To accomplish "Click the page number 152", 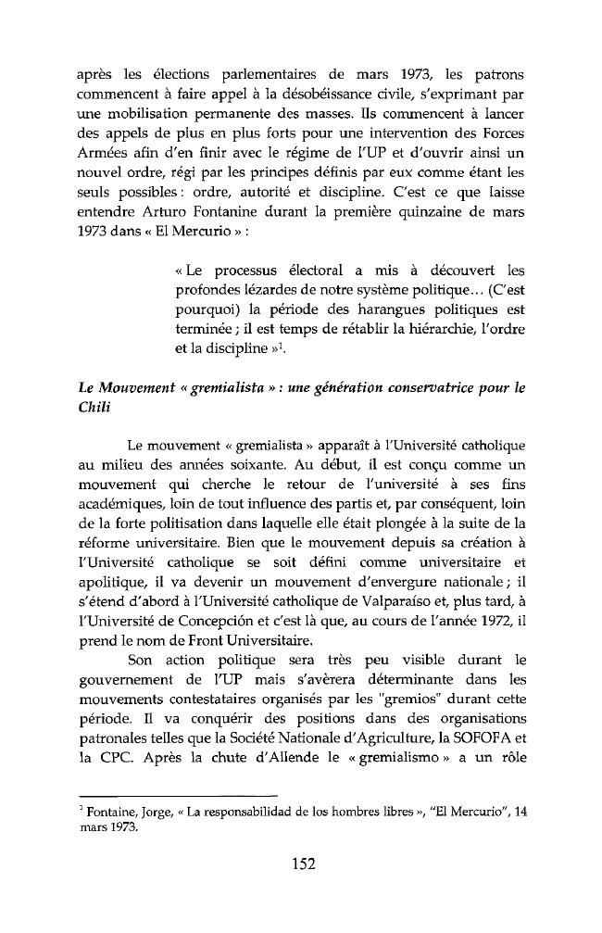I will pyautogui.click(x=301, y=865).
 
